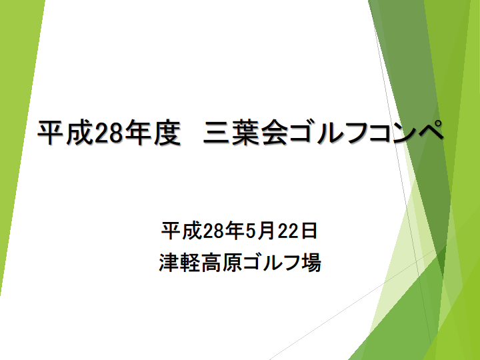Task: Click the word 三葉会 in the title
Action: (x=245, y=132)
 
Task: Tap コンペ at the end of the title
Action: (x=406, y=131)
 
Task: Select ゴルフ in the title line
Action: (x=329, y=132)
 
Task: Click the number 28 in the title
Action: (x=109, y=132)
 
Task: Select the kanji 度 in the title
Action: (x=167, y=132)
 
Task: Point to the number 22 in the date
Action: (x=289, y=231)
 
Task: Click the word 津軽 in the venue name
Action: (x=180, y=263)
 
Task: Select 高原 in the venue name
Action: (x=222, y=263)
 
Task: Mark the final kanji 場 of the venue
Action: (x=311, y=263)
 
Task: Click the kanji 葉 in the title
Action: (x=245, y=132)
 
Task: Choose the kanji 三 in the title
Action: (x=217, y=133)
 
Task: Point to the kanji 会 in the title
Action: (x=274, y=132)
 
